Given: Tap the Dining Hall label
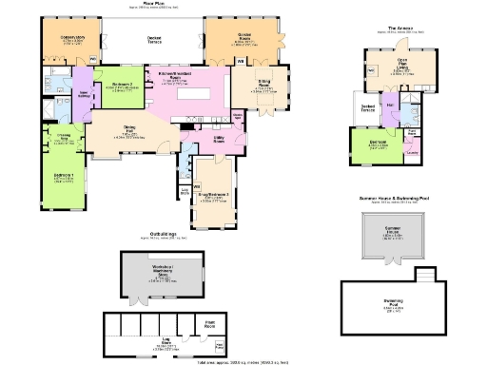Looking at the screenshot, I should coord(130,132).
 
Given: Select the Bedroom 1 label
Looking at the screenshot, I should coord(65,179).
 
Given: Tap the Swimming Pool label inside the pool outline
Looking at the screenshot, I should coord(393,303).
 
